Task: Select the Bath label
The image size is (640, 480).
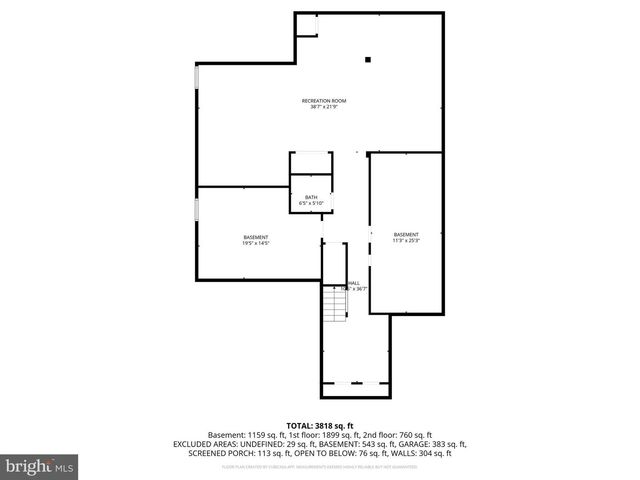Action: pyautogui.click(x=310, y=197)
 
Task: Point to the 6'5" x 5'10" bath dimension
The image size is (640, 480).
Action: pyautogui.click(x=310, y=203)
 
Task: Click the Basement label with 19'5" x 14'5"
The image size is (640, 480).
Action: pyautogui.click(x=255, y=237)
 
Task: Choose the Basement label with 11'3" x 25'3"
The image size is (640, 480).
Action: pyautogui.click(x=405, y=234)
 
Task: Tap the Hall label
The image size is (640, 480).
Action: pyautogui.click(x=355, y=283)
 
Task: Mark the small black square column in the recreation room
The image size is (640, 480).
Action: pyautogui.click(x=368, y=60)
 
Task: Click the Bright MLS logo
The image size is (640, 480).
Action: pyautogui.click(x=40, y=466)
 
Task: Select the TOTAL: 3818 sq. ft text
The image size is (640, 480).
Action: pyautogui.click(x=320, y=426)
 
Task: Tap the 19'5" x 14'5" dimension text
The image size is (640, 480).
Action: pyautogui.click(x=255, y=243)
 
